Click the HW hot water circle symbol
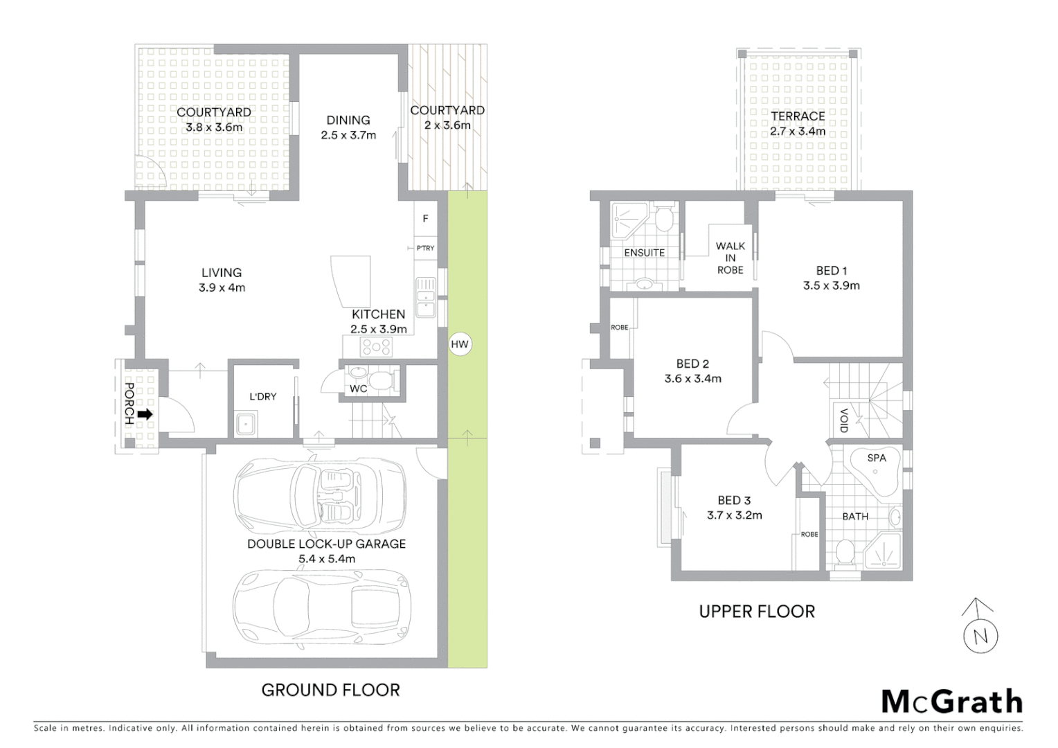pyautogui.click(x=460, y=344)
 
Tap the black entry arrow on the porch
pyautogui.click(x=145, y=414)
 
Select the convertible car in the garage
pyautogui.click(x=320, y=495)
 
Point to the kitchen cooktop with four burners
pyautogui.click(x=376, y=346)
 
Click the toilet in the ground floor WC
pyautogui.click(x=378, y=380)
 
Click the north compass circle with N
pyautogui.click(x=980, y=636)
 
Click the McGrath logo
pyautogui.click(x=951, y=702)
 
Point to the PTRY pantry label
pyautogui.click(x=425, y=248)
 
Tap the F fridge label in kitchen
pyautogui.click(x=425, y=219)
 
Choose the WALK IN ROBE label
pyautogui.click(x=730, y=258)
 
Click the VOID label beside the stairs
pyautogui.click(x=843, y=420)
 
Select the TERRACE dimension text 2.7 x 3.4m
pyautogui.click(x=798, y=132)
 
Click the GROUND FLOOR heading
pyautogui.click(x=330, y=690)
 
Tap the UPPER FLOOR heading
pyautogui.click(x=757, y=612)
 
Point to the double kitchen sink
pyautogui.click(x=425, y=296)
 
